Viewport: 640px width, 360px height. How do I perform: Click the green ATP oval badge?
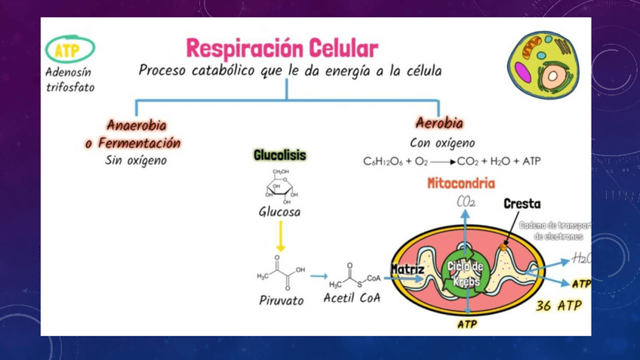point(70,50)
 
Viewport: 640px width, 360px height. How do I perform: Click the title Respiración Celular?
point(282,49)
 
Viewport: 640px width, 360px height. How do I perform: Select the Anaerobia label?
point(137,125)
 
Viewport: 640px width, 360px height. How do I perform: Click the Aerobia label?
point(439,123)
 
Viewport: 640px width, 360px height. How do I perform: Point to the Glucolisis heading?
point(279,155)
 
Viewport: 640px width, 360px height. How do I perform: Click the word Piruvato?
point(281,300)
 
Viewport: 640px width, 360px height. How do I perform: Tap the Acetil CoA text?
point(352,297)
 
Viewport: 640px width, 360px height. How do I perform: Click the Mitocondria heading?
point(461,183)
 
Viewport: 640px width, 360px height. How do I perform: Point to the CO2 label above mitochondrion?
point(466,202)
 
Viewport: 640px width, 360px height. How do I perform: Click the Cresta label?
point(522,205)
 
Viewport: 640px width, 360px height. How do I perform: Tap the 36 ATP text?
point(558,306)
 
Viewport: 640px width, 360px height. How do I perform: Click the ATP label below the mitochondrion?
point(467,325)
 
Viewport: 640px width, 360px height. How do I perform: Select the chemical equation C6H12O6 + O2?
point(451,162)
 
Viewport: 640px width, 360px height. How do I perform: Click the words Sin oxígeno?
point(136,160)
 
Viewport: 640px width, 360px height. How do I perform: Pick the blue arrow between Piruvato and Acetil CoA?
point(318,277)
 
